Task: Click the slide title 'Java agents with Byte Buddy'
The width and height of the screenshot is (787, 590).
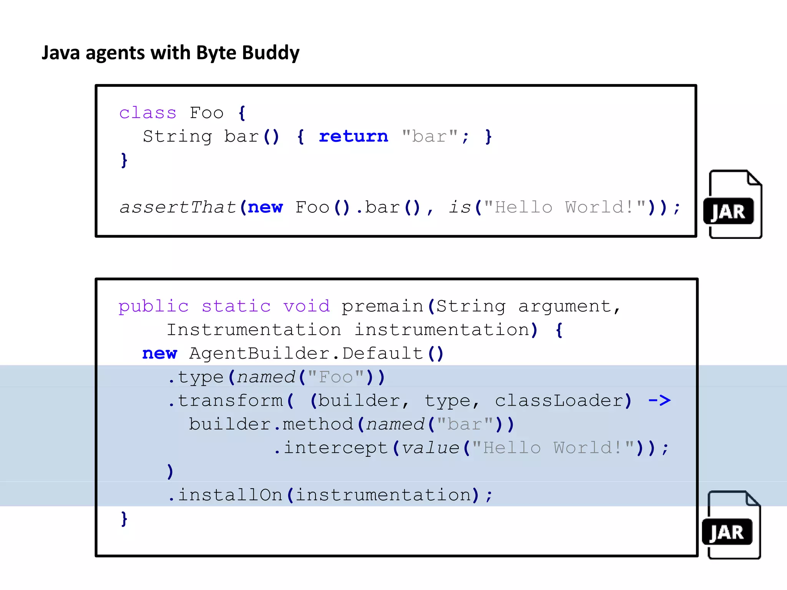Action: point(170,53)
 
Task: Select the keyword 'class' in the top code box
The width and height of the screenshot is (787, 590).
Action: point(148,113)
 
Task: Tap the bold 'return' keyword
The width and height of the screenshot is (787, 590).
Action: point(353,136)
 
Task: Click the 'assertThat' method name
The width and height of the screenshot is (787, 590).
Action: point(178,207)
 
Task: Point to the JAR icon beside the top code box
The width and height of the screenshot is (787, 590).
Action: point(732,205)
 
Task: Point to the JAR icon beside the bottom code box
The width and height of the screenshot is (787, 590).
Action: point(731,525)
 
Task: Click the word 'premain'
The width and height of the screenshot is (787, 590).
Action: point(382,307)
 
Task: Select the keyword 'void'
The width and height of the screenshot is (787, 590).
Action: point(306,307)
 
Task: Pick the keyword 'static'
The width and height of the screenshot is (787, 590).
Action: point(236,307)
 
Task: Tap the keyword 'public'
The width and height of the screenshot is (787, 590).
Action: point(153,307)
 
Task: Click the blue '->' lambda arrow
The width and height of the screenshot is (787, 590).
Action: point(659,401)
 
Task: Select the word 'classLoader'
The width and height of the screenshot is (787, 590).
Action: point(559,401)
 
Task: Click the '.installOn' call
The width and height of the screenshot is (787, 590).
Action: point(226,495)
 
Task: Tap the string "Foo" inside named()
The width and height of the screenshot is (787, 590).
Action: point(336,377)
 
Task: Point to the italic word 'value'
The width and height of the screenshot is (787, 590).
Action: point(430,448)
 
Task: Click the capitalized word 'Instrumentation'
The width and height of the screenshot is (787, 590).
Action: point(254,330)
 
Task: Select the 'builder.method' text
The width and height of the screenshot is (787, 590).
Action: point(271,424)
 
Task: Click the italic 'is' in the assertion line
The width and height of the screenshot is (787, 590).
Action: point(460,207)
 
